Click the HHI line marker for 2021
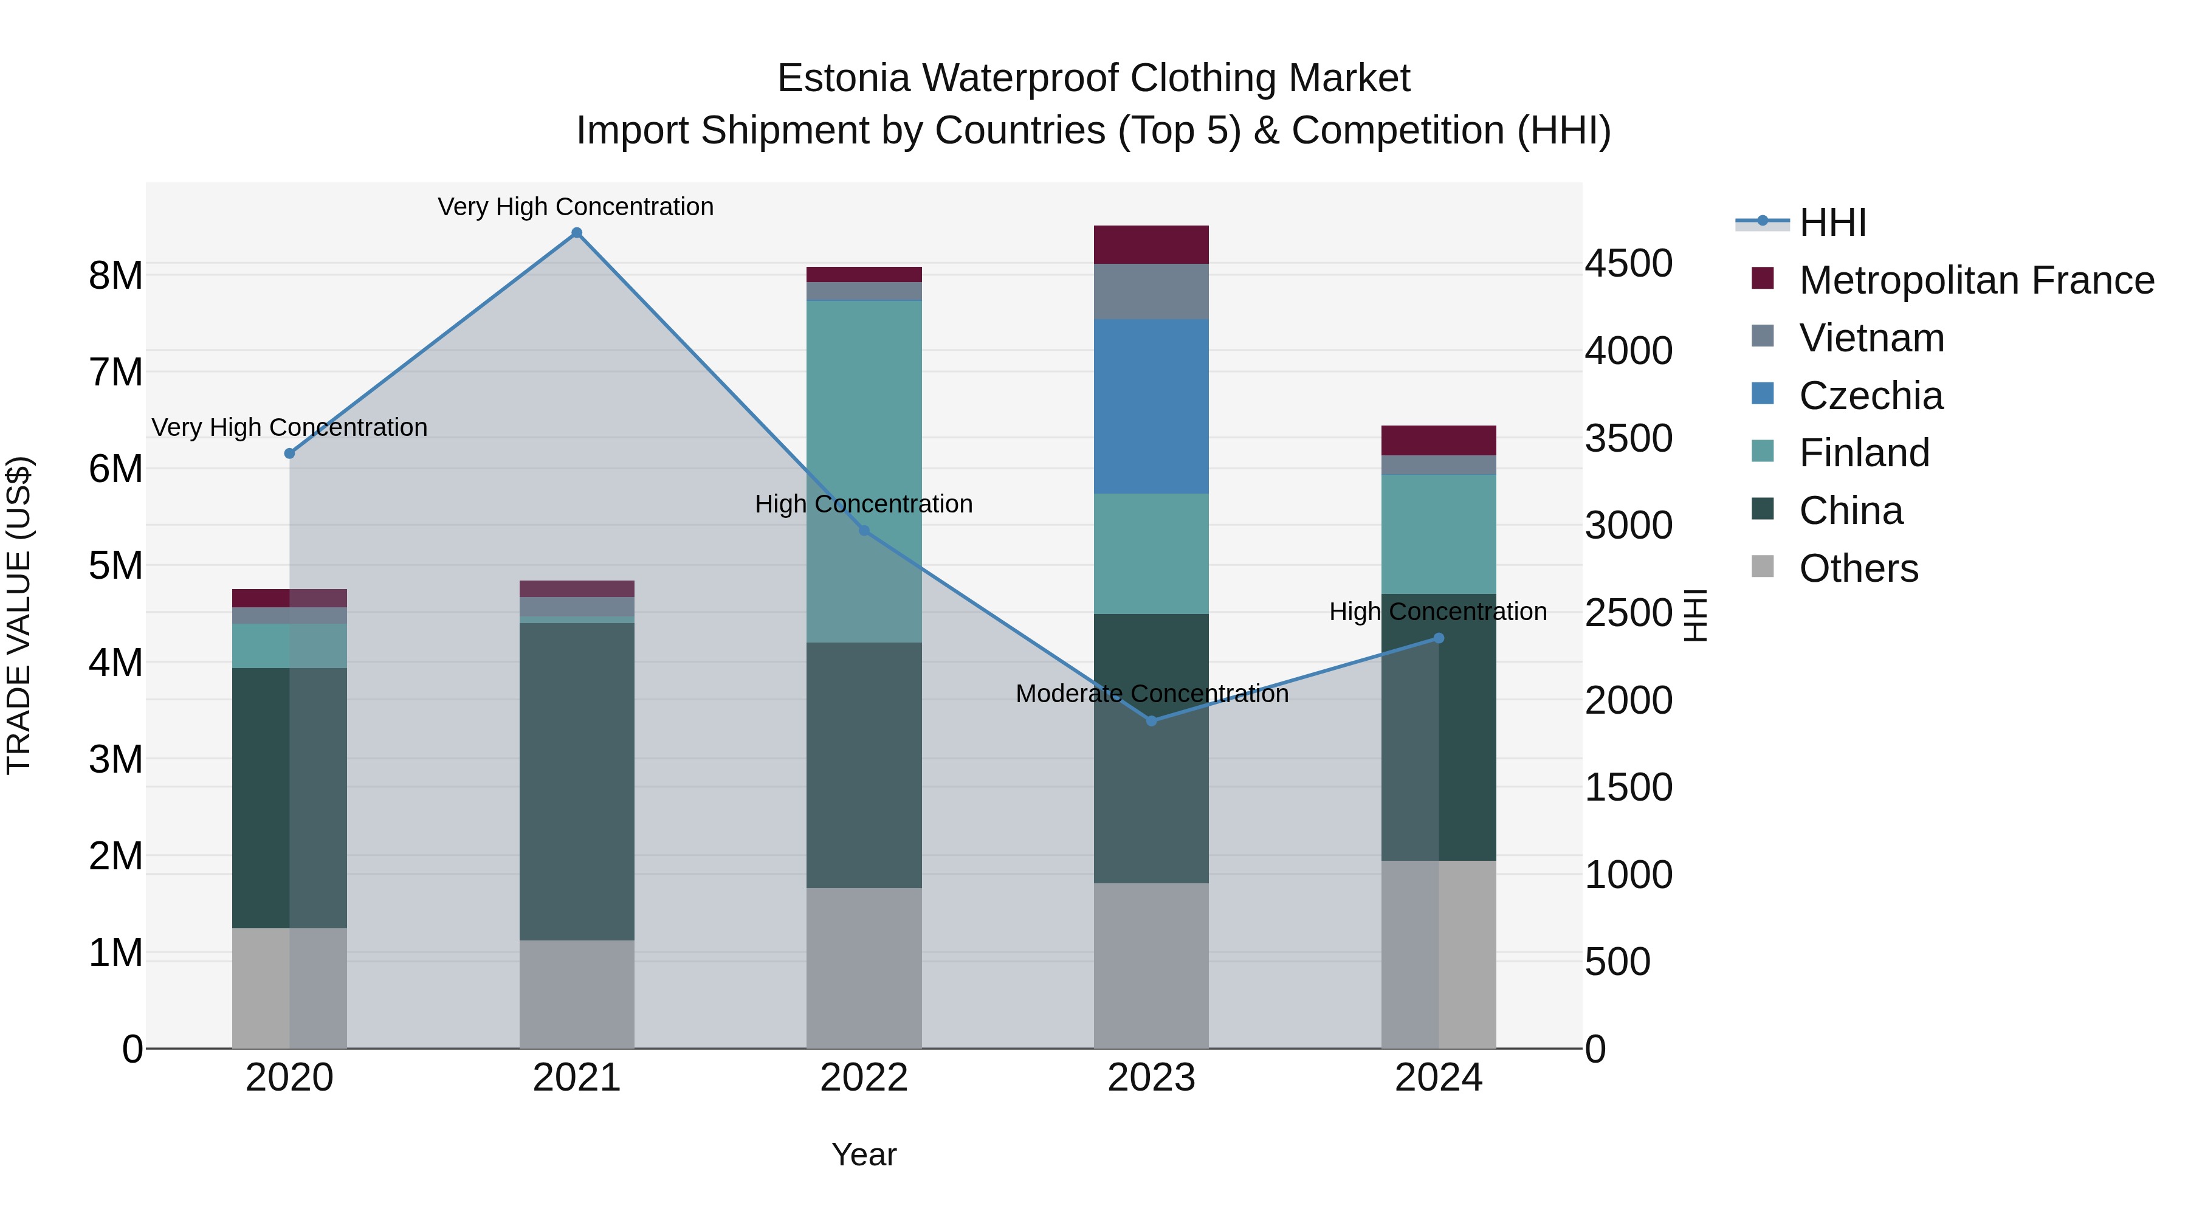pyautogui.click(x=577, y=233)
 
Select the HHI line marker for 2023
pyautogui.click(x=1152, y=720)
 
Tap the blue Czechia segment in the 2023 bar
pyautogui.click(x=1151, y=406)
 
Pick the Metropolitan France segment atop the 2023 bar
pyautogui.click(x=1151, y=244)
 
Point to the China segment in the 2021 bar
pyautogui.click(x=577, y=782)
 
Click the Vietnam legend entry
pyautogui.click(x=1871, y=338)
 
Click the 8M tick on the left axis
pyautogui.click(x=115, y=275)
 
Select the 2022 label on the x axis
pyautogui.click(x=864, y=1078)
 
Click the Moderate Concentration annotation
pyautogui.click(x=1152, y=694)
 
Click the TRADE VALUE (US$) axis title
pyautogui.click(x=19, y=615)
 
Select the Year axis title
pyautogui.click(x=864, y=1154)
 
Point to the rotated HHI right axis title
pyautogui.click(x=1695, y=615)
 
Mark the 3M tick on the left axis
pyautogui.click(x=115, y=759)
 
